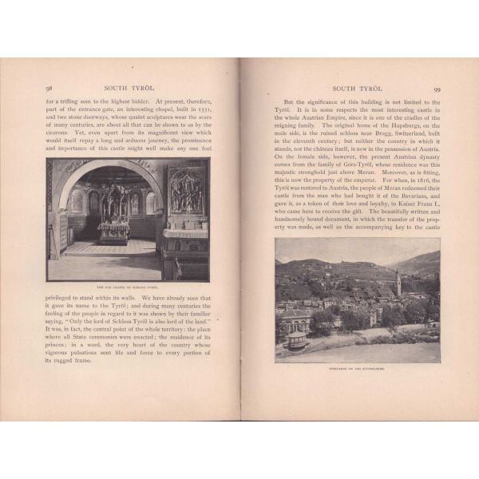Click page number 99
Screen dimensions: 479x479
[437, 89]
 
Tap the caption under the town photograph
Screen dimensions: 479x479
[357, 368]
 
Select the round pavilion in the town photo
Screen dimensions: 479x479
[295, 339]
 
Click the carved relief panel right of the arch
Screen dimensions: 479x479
[186, 192]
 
